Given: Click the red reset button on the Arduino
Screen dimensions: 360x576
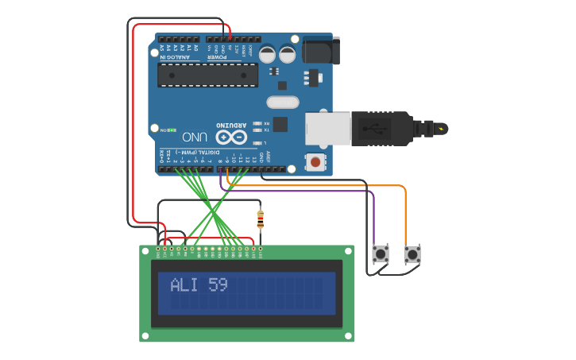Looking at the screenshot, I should [316, 163].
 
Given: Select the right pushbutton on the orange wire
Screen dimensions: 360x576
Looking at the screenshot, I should [412, 255].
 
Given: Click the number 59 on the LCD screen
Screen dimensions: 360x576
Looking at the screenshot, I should [218, 285].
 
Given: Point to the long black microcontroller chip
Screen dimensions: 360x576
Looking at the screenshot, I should [207, 75].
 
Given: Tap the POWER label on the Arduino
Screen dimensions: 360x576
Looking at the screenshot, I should [217, 52].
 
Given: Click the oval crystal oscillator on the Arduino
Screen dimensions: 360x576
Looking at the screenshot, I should [282, 102].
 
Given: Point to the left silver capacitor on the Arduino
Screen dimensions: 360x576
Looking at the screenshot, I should [267, 54].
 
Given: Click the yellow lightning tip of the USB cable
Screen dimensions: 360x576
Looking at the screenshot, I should [440, 128].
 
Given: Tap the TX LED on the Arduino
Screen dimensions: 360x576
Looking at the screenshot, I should [268, 129].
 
